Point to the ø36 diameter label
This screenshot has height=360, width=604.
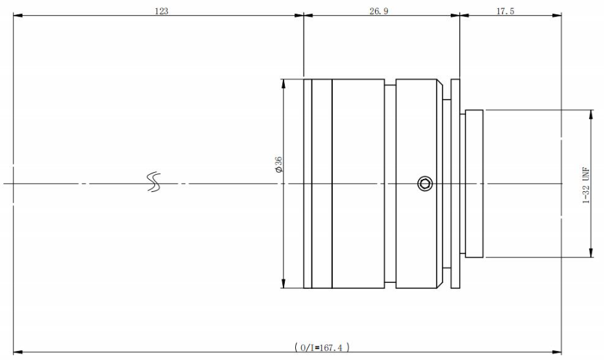pyautogui.click(x=277, y=165)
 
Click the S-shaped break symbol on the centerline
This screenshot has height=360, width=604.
pyautogui.click(x=154, y=182)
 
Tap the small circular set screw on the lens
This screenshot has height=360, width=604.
pyautogui.click(x=425, y=183)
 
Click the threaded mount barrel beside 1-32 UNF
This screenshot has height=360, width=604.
pyautogui.click(x=474, y=183)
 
